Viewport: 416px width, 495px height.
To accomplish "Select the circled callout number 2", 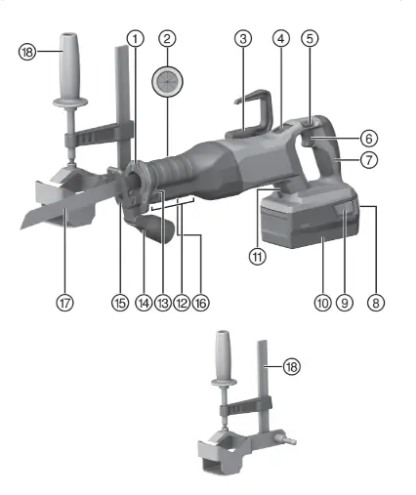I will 168,38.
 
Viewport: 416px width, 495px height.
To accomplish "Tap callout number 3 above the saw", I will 243,38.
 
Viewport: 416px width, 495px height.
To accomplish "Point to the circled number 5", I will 280,38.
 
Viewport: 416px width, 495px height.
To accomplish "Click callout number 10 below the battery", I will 370,138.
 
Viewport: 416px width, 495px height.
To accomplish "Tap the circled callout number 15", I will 344,303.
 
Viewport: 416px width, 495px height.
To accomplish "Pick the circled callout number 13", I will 321,303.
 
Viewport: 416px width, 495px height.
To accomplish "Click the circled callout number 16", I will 258,258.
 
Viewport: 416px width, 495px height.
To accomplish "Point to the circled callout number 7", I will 180,303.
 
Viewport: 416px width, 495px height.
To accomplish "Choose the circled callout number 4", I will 162,303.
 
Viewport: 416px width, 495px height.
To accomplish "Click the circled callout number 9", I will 144,303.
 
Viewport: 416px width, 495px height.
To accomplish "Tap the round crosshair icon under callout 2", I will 120,303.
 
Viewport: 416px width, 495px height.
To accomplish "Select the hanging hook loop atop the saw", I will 64,303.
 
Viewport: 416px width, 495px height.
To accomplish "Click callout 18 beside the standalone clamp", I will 289,365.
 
